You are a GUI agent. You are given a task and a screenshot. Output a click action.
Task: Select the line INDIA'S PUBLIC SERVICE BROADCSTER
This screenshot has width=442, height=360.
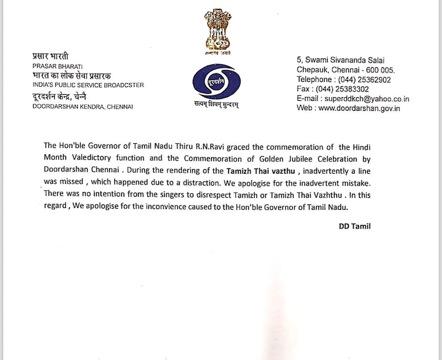(88, 85)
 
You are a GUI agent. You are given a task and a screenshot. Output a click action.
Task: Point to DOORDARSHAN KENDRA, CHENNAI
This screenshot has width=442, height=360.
(83, 107)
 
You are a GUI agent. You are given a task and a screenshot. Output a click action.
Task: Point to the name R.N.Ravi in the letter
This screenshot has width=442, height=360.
(215, 146)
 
